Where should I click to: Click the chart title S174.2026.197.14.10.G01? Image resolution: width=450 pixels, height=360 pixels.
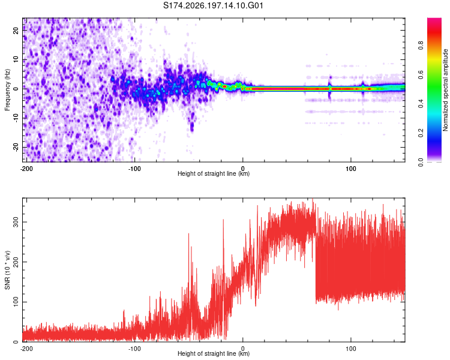[213, 5]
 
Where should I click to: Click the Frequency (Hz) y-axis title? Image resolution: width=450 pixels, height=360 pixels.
[7, 90]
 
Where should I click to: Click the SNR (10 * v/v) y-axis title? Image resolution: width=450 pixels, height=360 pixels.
[7, 270]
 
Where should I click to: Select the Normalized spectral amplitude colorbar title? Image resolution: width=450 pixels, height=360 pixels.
[445, 90]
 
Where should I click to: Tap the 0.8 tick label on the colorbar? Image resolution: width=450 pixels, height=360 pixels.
[421, 46]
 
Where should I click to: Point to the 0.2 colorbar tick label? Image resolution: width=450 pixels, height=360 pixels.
[421, 133]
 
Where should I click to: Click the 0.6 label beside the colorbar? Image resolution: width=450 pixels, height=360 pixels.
[421, 74]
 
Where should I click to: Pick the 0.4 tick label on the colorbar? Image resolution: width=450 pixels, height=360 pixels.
[421, 104]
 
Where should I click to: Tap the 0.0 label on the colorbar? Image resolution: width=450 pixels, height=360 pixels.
[421, 162]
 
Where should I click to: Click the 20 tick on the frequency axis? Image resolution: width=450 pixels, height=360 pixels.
[16, 31]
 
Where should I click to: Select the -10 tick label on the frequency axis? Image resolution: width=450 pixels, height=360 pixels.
[16, 118]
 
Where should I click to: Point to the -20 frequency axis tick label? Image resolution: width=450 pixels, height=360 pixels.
[16, 147]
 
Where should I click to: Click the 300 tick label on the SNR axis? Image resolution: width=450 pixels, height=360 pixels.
[16, 222]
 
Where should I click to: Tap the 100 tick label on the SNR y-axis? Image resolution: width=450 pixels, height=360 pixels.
[16, 302]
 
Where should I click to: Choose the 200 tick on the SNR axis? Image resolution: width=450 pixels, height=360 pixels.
[16, 262]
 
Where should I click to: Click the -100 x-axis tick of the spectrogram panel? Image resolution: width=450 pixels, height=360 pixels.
[134, 169]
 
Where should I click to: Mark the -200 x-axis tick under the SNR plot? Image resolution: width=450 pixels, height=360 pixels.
[26, 349]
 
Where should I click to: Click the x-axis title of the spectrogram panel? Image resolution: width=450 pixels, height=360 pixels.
[214, 173]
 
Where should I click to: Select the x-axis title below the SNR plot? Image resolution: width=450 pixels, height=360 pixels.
[214, 353]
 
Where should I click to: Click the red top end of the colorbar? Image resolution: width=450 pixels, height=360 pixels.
[434, 19]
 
